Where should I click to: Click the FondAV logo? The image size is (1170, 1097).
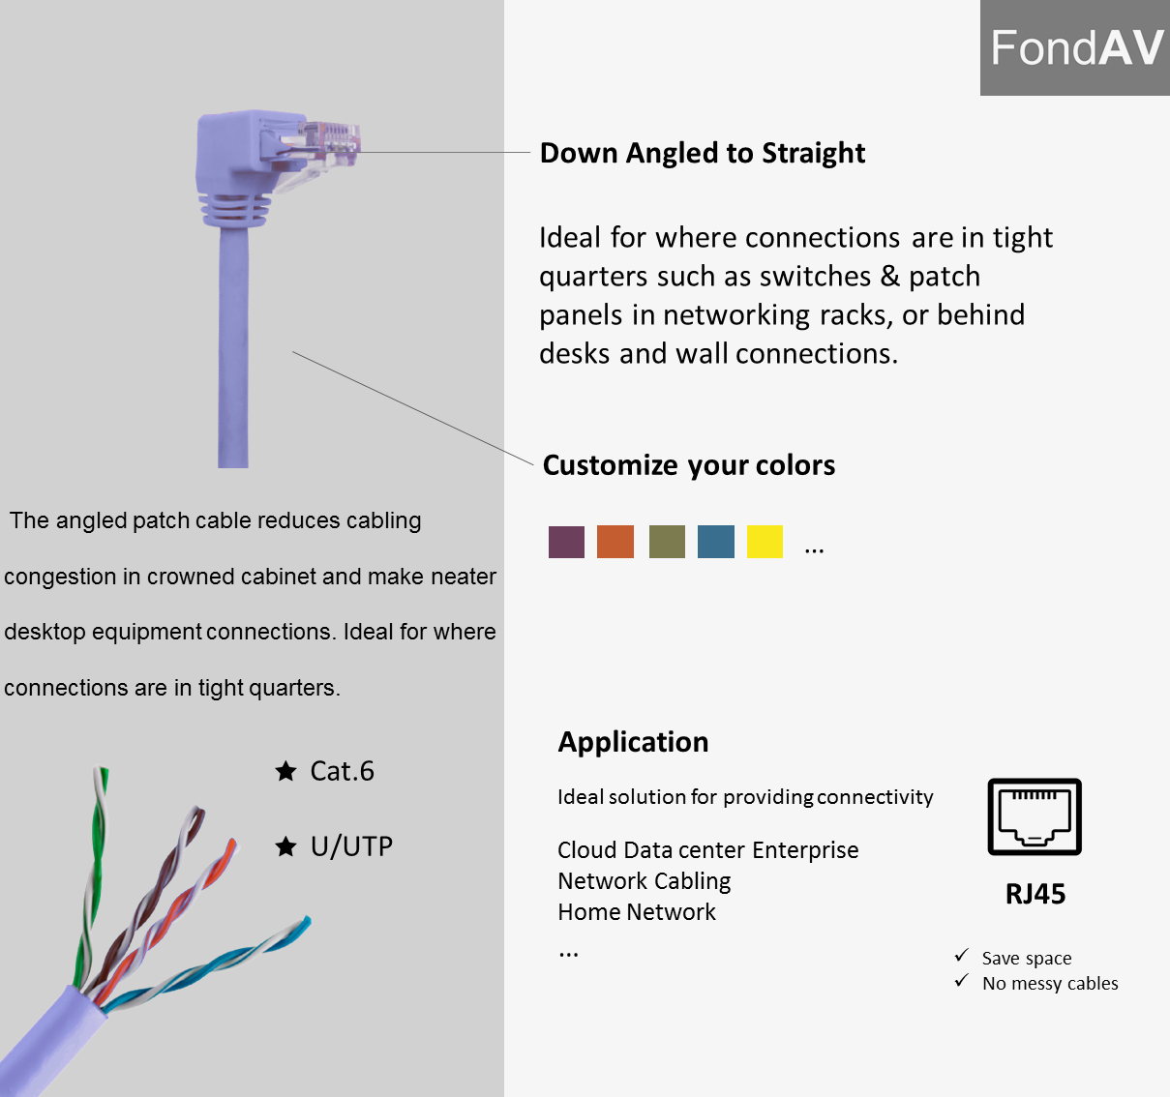(1074, 47)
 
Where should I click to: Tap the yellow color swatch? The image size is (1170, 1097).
(765, 542)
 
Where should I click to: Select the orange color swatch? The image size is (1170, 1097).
(615, 542)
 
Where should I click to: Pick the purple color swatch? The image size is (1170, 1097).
(566, 542)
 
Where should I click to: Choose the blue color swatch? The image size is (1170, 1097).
(716, 542)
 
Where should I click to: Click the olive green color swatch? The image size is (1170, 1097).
(667, 542)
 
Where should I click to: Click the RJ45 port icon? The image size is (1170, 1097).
(1035, 816)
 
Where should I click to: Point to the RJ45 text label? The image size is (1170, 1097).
(1035, 894)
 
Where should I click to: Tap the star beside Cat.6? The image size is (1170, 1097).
(285, 771)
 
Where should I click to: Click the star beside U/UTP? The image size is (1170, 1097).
(285, 846)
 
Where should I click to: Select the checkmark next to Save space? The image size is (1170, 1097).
(961, 955)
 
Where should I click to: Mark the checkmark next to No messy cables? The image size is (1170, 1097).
(961, 980)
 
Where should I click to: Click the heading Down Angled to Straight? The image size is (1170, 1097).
(703, 153)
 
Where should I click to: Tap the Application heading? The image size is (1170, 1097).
(633, 742)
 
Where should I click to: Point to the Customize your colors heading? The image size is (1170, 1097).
(689, 465)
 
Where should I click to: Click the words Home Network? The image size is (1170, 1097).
(636, 912)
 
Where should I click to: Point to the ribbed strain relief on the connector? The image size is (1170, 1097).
(234, 210)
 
